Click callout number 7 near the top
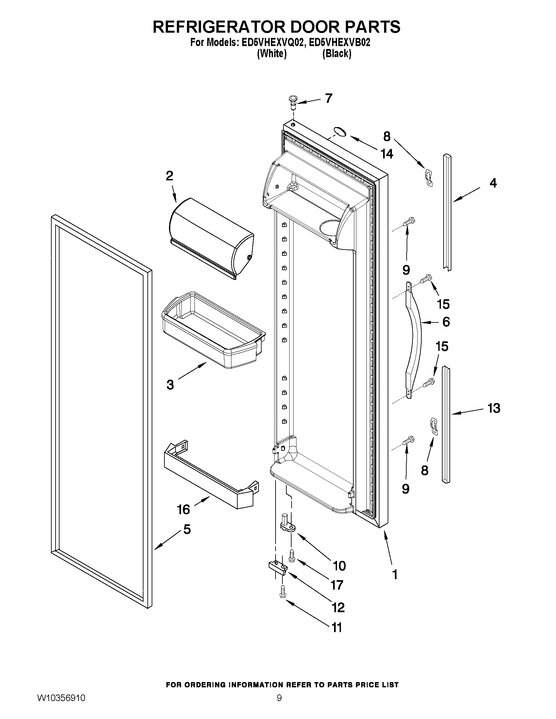click(329, 98)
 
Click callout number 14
click(387, 154)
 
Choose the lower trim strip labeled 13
click(446, 425)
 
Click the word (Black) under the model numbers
click(336, 54)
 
